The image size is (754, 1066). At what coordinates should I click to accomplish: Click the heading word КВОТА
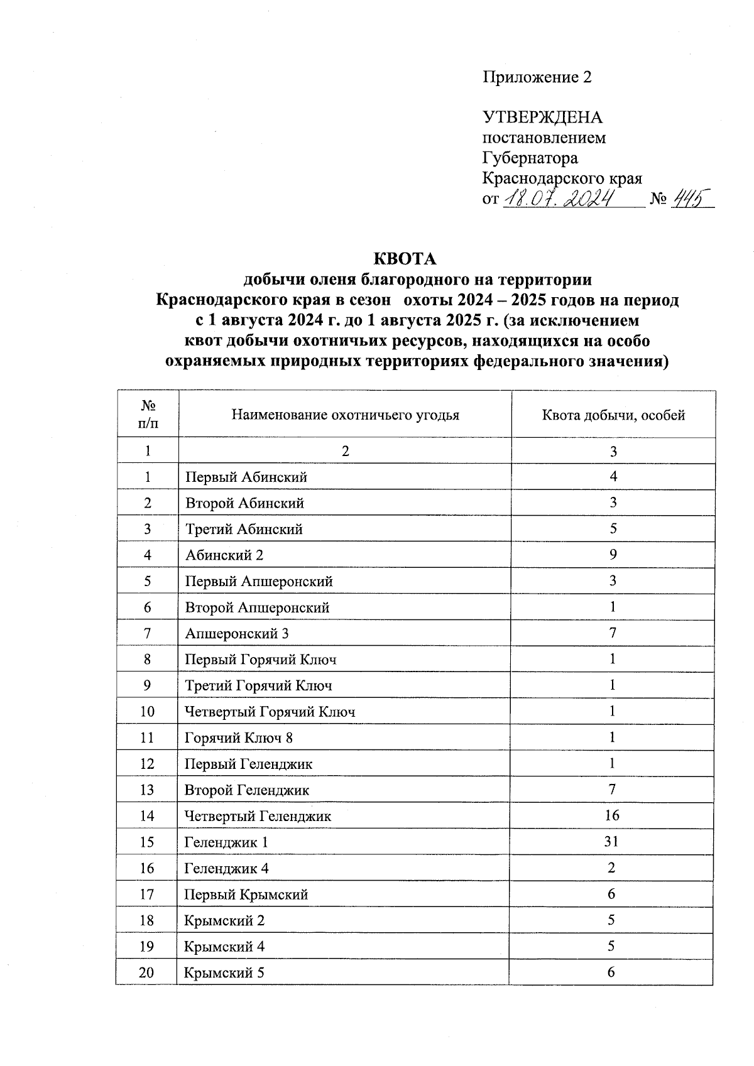point(405,259)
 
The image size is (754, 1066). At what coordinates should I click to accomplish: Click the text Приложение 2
point(537,77)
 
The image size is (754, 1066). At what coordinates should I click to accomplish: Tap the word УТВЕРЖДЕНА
point(542,117)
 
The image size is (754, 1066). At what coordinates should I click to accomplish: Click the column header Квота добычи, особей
point(613,415)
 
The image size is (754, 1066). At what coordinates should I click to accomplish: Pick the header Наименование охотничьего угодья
point(345,415)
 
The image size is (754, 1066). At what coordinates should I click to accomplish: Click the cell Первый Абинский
point(246,477)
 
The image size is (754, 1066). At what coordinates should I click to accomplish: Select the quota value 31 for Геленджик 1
point(611,842)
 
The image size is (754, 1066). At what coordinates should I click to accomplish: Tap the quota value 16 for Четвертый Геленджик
point(611,816)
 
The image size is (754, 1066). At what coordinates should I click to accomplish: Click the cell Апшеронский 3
point(237,634)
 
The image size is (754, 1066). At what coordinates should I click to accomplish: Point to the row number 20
point(146,973)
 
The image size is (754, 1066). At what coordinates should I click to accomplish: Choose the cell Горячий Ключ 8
point(239,738)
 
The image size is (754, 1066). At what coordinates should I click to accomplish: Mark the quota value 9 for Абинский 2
point(613,555)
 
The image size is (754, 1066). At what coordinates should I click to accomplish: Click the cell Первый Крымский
point(246,895)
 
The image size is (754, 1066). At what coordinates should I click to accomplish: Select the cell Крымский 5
point(224,973)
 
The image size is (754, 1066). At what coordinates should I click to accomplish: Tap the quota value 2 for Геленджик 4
point(612,868)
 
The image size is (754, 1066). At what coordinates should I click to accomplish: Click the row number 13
point(146,790)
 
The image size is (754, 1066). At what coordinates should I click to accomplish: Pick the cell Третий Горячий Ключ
point(258,686)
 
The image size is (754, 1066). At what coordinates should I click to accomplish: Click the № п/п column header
point(148,415)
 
